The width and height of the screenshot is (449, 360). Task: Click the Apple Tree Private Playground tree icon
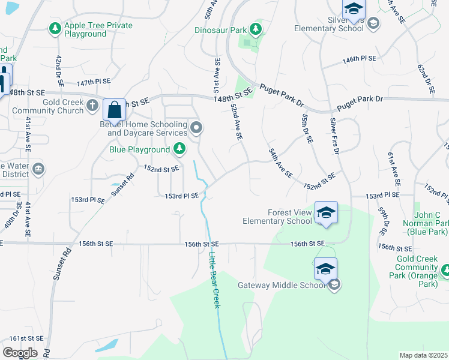55,28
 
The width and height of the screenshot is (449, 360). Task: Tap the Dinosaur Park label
221,29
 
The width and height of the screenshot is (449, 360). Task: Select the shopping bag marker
114,110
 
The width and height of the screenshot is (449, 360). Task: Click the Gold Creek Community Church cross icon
92,106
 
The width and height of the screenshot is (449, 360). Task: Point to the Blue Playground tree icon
179,149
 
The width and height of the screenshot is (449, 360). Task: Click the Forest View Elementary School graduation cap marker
326,213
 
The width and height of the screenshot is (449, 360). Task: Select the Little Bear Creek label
215,272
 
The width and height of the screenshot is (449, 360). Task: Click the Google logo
20,352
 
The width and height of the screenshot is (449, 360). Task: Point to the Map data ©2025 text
423,355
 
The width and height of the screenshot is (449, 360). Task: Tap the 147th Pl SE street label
94,81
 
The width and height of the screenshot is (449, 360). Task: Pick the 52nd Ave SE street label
237,121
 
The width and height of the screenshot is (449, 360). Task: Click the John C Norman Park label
427,223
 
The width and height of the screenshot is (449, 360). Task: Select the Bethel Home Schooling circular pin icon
196,127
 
